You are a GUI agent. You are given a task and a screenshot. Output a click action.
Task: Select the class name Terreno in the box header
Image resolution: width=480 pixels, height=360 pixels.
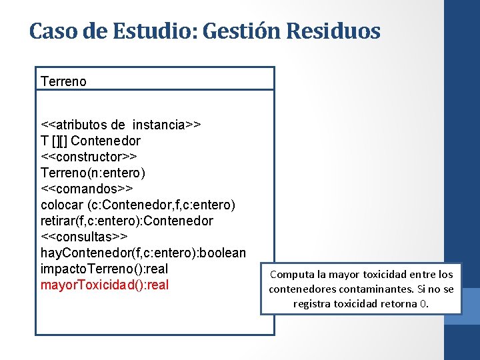63,81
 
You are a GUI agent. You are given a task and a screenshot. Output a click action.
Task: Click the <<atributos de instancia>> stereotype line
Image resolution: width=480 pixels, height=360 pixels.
121,125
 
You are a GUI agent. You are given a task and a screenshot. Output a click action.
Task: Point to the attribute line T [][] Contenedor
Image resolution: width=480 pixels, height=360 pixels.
91,141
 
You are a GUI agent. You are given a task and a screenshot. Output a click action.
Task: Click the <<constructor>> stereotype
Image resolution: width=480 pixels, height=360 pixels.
89,157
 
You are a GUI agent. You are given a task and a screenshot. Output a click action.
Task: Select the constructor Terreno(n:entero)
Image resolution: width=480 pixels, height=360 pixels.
93,173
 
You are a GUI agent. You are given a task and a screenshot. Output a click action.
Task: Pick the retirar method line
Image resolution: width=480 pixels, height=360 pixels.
127,221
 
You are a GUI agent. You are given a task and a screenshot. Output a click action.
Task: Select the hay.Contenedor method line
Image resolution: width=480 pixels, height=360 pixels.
143,253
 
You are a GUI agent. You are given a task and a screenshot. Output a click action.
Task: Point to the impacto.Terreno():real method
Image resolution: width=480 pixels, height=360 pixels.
105,269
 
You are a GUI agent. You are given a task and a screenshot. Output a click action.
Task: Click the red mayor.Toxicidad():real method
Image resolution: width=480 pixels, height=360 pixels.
105,285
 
